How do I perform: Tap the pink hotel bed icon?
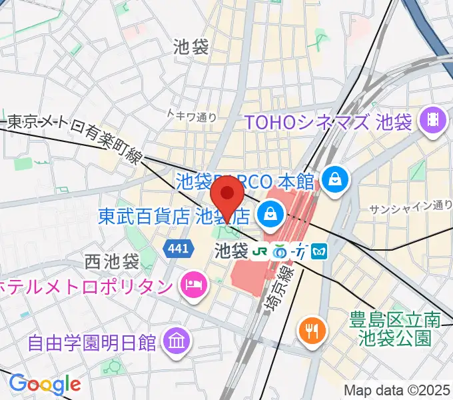[x=193, y=286]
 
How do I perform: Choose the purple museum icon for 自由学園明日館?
[x=176, y=342]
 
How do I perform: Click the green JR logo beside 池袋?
[x=259, y=251]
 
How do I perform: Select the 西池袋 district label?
[x=112, y=260]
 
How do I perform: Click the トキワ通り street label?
[x=192, y=116]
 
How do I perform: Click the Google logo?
[x=45, y=383]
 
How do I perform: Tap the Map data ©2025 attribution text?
[x=397, y=389]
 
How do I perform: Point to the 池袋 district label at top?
[x=191, y=46]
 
